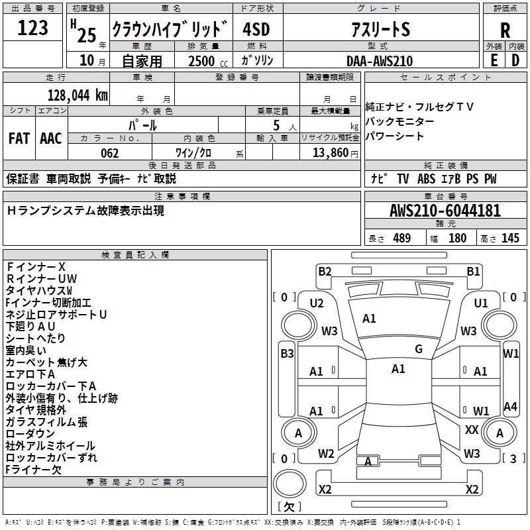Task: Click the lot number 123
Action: [x=33, y=28]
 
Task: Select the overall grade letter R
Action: [x=505, y=30]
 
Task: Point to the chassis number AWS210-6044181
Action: [x=445, y=211]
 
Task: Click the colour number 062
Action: [x=109, y=153]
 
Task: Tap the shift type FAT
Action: [x=19, y=138]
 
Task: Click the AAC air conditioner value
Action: [x=51, y=138]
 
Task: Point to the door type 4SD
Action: [x=257, y=29]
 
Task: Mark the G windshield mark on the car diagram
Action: [x=419, y=349]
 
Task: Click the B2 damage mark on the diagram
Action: [x=325, y=271]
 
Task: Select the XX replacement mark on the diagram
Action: [x=472, y=430]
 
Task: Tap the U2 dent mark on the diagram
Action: [x=317, y=303]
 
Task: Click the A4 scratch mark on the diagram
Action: [x=510, y=407]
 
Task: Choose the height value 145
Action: [x=510, y=238]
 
